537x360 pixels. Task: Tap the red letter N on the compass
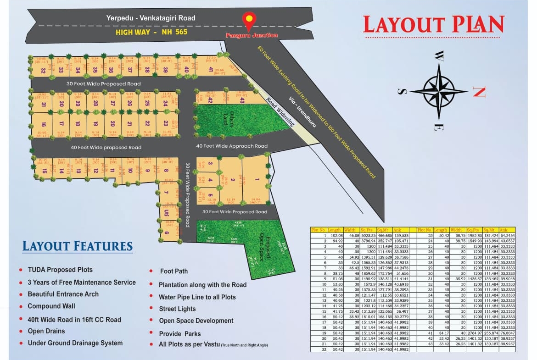(x=479, y=92)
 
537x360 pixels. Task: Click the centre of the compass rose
(x=439, y=89)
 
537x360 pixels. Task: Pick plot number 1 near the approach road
(x=257, y=180)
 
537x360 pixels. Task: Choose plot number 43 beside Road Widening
(x=242, y=100)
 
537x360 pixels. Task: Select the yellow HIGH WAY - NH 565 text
(x=151, y=32)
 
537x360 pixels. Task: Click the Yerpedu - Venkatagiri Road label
(x=151, y=18)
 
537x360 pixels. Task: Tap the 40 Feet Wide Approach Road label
(x=231, y=146)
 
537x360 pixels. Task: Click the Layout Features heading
(x=78, y=246)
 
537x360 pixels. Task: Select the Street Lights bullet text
(x=177, y=309)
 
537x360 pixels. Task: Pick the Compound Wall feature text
(x=51, y=306)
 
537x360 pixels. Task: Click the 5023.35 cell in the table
(x=367, y=235)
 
